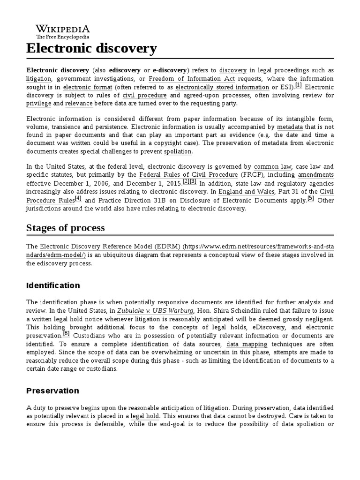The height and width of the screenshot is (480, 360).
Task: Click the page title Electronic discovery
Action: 91,48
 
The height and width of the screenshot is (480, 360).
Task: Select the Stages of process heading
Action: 66,228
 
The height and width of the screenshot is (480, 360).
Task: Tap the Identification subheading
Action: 53,285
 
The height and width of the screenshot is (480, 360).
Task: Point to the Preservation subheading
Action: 52,390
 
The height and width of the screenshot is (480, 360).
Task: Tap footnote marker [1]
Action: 299,86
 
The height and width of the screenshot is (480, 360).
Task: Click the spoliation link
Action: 178,151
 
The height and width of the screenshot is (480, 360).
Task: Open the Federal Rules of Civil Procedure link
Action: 188,175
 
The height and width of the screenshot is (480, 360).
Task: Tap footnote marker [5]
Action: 310,199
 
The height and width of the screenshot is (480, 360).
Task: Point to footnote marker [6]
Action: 66,334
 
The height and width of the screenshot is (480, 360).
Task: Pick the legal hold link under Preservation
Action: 145,416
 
